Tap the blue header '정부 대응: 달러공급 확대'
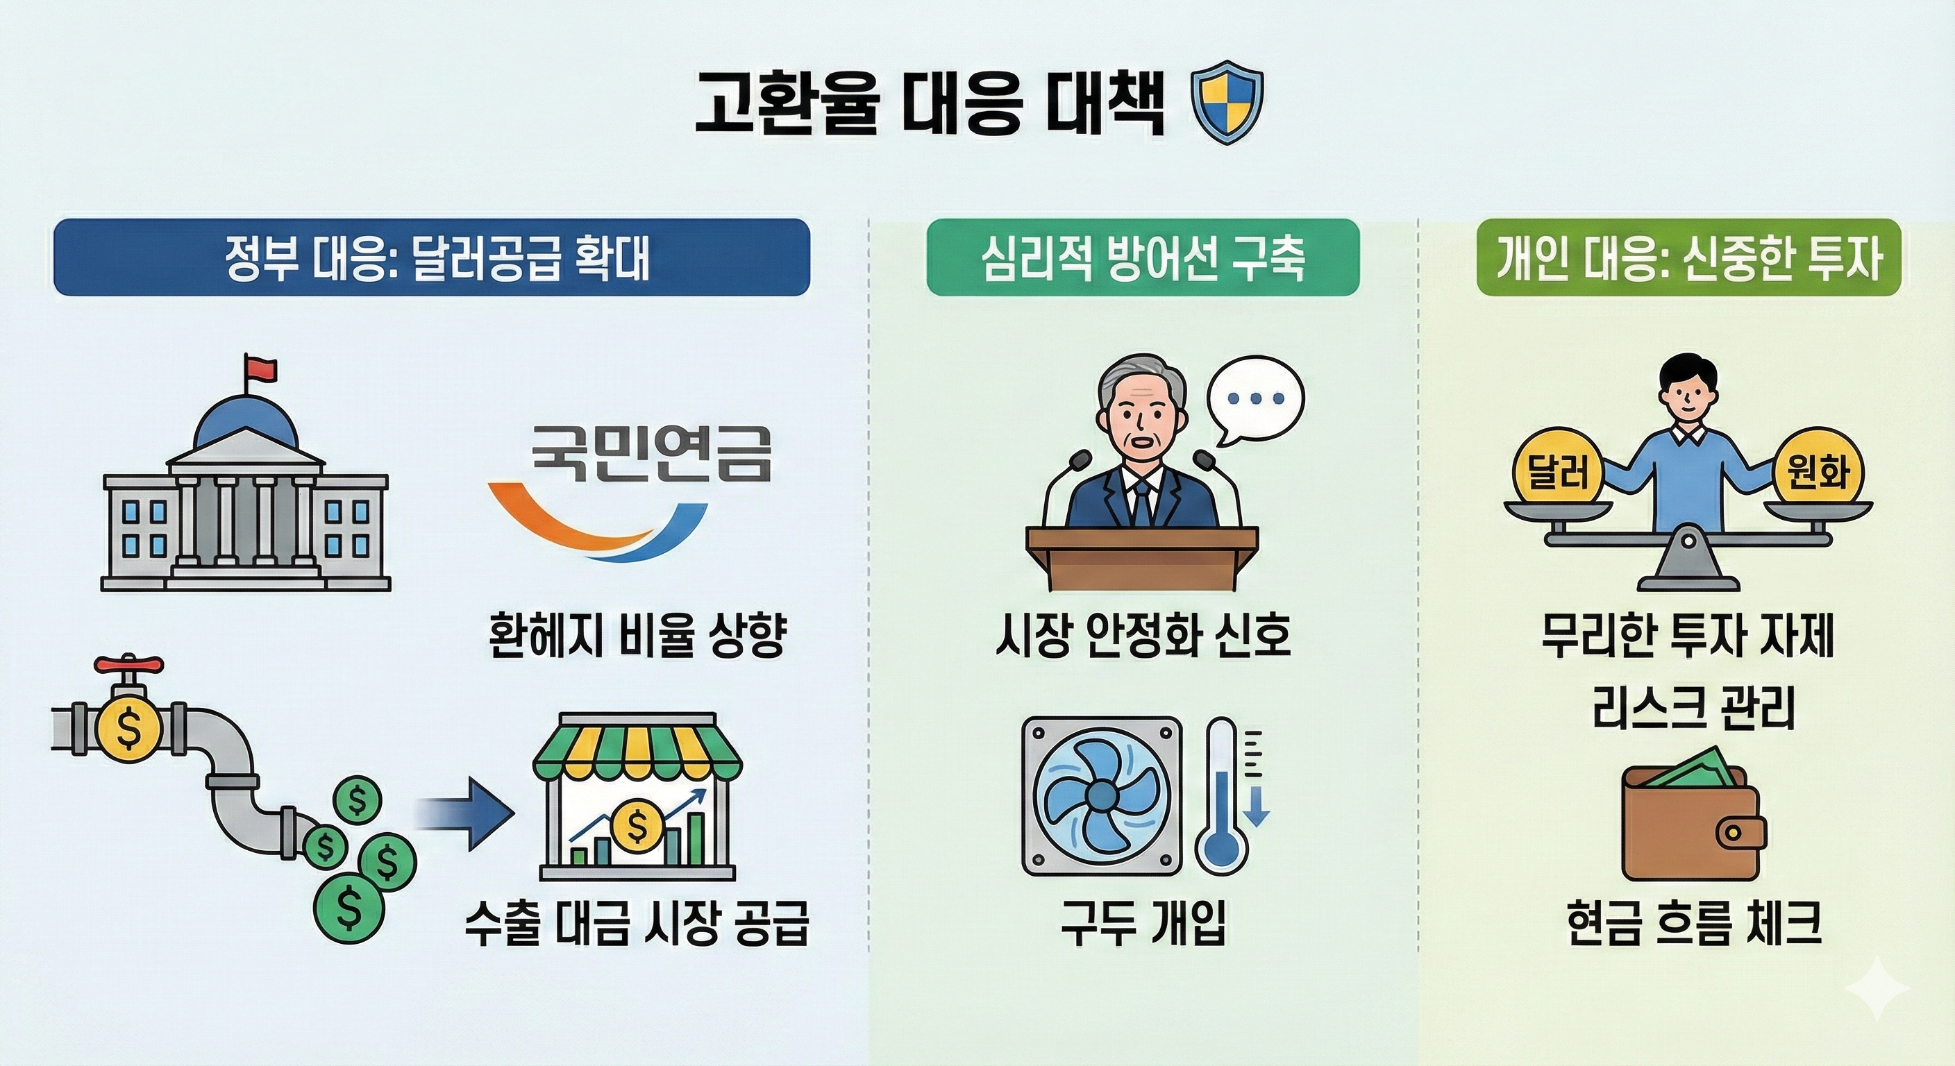432,257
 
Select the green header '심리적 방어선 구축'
1142,257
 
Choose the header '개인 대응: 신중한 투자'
1688,257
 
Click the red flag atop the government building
260,369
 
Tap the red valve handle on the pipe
128,666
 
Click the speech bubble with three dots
1255,400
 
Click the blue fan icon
1101,796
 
